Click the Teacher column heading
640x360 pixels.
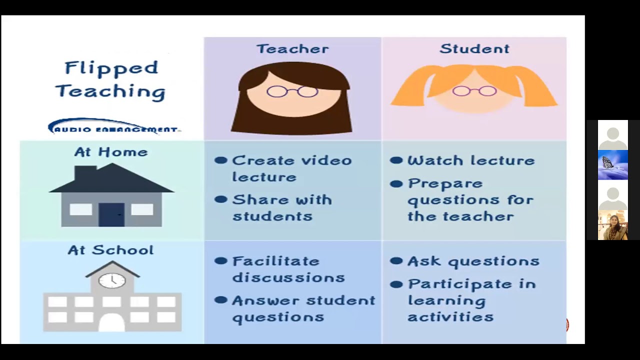pos(292,49)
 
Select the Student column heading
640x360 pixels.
pos(474,49)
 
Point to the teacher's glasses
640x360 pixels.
pos(292,91)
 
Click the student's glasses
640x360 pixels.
pos(474,91)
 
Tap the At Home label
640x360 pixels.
pos(111,152)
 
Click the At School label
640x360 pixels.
pos(111,250)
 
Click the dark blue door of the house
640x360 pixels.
pos(111,214)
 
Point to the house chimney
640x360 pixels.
pos(85,172)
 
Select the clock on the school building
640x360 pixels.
pos(112,280)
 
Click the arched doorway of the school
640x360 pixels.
pos(111,322)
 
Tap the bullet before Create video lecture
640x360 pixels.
pos(220,160)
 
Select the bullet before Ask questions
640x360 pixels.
pos(396,261)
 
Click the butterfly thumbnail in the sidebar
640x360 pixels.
pos(612,165)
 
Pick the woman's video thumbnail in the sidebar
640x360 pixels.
pos(612,225)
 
